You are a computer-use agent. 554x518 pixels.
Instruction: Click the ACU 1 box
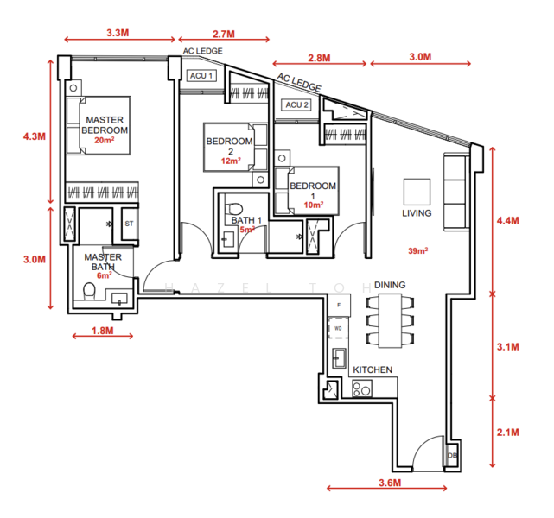coord(201,75)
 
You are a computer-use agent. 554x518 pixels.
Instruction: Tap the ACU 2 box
coord(296,104)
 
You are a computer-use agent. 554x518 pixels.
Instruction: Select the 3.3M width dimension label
coord(118,33)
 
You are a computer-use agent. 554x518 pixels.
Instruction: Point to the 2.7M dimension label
coord(224,34)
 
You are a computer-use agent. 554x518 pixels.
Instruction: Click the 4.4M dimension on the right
coord(507,220)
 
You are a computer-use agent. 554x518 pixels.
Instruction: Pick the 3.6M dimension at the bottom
coord(390,483)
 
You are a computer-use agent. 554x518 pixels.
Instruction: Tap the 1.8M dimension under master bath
coord(103,331)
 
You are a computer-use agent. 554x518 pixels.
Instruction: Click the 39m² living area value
coord(418,251)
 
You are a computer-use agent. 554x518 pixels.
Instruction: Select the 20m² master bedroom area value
coord(105,140)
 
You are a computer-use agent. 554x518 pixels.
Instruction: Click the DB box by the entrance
coord(452,455)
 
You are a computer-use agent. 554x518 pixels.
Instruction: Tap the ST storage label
coord(129,224)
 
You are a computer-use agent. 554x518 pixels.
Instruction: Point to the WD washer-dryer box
coord(338,328)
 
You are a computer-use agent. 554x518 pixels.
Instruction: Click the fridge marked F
coord(339,306)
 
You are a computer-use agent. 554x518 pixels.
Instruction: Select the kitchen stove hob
coord(362,388)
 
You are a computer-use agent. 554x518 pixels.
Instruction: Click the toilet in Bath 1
coord(234,209)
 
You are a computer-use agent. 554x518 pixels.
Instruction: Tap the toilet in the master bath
coord(89,292)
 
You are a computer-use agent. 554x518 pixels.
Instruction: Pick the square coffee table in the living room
coord(417,192)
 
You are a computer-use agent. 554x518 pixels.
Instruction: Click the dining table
coord(390,321)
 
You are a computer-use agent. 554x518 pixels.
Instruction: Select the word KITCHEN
coord(373,370)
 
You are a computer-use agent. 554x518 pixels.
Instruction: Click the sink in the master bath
coord(119,300)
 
